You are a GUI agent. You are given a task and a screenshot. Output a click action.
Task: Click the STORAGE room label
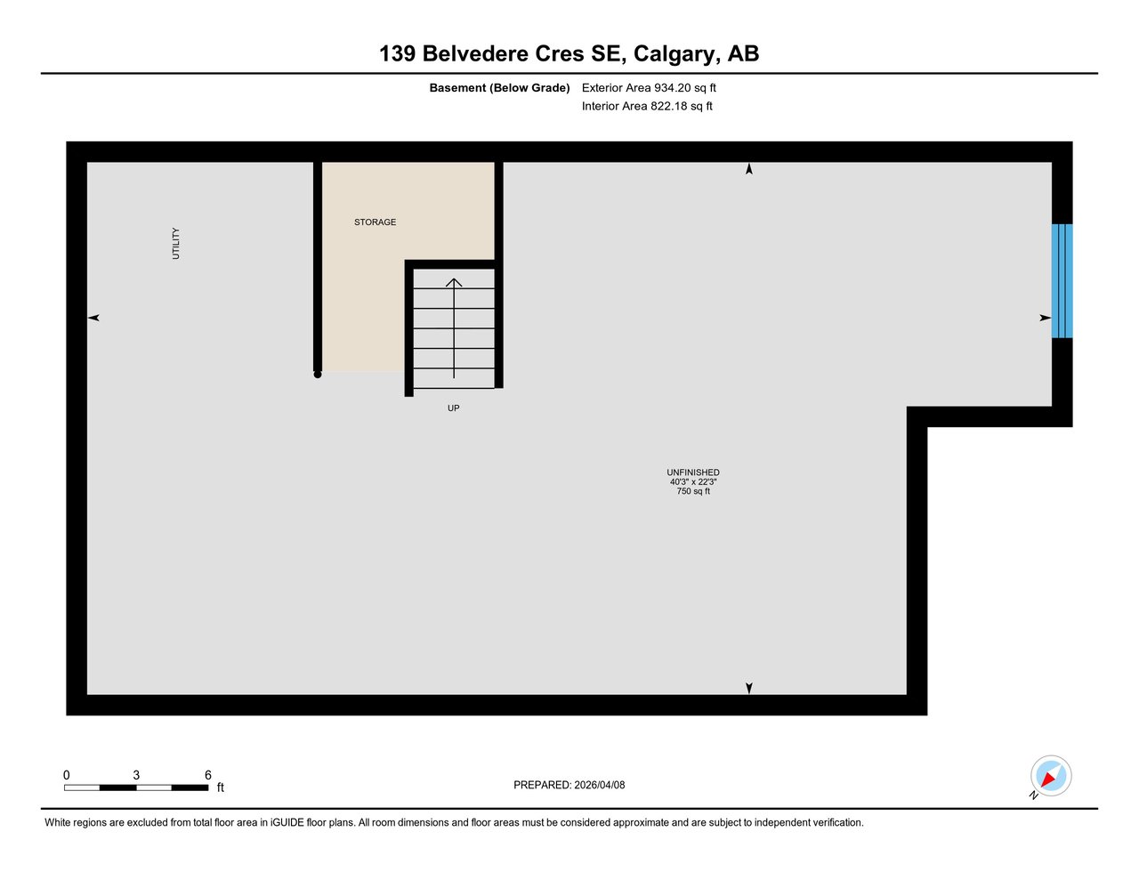(375, 222)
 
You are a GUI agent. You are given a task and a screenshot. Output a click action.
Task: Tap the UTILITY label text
(176, 244)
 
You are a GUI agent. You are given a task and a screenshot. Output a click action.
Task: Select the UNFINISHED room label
(693, 472)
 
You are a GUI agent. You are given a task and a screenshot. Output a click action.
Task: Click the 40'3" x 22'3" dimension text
(693, 481)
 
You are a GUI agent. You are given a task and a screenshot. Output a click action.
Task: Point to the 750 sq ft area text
(693, 491)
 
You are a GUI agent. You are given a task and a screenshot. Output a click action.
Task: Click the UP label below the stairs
(453, 408)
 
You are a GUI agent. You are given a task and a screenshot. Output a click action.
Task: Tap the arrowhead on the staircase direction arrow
(454, 283)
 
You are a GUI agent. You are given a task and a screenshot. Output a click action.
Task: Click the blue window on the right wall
(1062, 281)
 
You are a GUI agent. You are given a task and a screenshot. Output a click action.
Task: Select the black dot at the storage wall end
(318, 375)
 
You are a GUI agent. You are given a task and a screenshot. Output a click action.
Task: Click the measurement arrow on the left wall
(93, 318)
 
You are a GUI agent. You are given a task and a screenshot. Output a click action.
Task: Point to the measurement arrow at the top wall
(749, 169)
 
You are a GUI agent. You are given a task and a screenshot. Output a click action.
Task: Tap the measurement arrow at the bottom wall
(749, 688)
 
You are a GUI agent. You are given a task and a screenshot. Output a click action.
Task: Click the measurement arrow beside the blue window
(1046, 318)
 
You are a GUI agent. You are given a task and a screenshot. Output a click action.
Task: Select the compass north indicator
(1050, 777)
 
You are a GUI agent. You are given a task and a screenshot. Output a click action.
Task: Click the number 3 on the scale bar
(136, 775)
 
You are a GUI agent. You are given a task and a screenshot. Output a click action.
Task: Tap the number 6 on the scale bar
(208, 775)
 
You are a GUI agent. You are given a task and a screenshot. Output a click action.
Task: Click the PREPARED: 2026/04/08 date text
(569, 785)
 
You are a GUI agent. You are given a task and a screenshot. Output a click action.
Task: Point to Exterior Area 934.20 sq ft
(649, 88)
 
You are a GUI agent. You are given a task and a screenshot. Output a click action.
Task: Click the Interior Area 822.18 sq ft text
(647, 106)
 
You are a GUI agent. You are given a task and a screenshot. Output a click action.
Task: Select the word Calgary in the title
(674, 54)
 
